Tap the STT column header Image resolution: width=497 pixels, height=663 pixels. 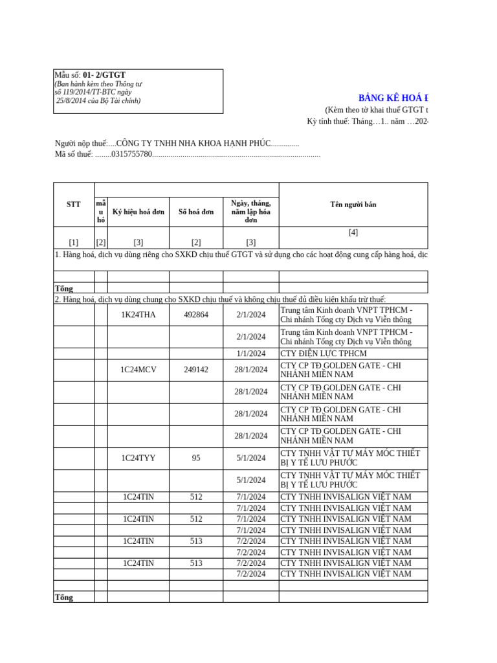click(x=74, y=204)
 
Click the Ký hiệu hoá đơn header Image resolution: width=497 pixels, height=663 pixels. click(x=138, y=212)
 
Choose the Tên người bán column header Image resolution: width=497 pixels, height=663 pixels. click(x=353, y=205)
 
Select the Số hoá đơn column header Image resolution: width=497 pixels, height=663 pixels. click(x=195, y=212)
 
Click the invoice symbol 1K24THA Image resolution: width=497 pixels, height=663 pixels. click(x=138, y=315)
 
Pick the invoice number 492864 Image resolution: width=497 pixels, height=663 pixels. click(x=195, y=315)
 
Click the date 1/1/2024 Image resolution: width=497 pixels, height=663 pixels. click(x=250, y=354)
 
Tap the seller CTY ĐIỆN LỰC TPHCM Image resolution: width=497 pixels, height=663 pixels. click(x=323, y=354)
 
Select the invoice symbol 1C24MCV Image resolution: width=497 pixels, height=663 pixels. click(x=138, y=370)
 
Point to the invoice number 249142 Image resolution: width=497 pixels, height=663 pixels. click(x=195, y=370)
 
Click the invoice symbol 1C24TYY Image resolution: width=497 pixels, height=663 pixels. click(x=138, y=458)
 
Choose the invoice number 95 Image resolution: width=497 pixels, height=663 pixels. click(x=195, y=458)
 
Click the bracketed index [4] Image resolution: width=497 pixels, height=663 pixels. click(x=353, y=232)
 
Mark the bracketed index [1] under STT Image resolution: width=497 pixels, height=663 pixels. click(x=74, y=242)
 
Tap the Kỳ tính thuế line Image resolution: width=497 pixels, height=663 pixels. click(x=366, y=121)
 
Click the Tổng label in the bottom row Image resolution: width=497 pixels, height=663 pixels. click(x=63, y=597)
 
